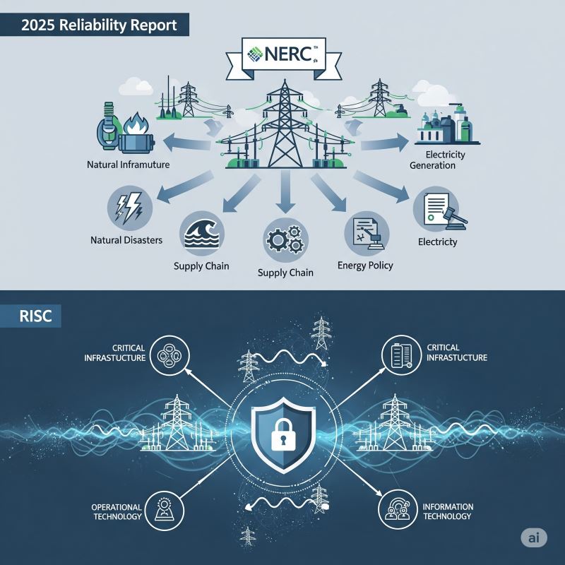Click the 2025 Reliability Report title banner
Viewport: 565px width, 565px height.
pyautogui.click(x=95, y=25)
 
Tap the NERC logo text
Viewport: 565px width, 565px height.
pyautogui.click(x=288, y=54)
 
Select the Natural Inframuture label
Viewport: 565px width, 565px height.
pyautogui.click(x=129, y=165)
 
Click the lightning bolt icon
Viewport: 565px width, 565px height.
pyautogui.click(x=130, y=208)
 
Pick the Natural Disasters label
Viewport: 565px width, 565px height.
pyautogui.click(x=126, y=240)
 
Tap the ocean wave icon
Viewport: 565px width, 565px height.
pyautogui.click(x=202, y=234)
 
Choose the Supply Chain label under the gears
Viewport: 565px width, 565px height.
pyautogui.click(x=285, y=273)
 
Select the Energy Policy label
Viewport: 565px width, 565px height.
pyautogui.click(x=365, y=266)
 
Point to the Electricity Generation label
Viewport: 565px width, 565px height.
pyautogui.click(x=437, y=160)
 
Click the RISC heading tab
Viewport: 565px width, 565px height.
pyautogui.click(x=30, y=316)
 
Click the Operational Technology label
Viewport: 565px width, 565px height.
pyautogui.click(x=117, y=511)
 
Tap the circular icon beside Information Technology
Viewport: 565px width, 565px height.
pyautogui.click(x=398, y=509)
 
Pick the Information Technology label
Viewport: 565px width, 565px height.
pyautogui.click(x=448, y=511)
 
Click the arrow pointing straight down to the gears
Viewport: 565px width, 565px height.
pyautogui.click(x=285, y=191)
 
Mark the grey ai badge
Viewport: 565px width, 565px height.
pyautogui.click(x=534, y=538)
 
